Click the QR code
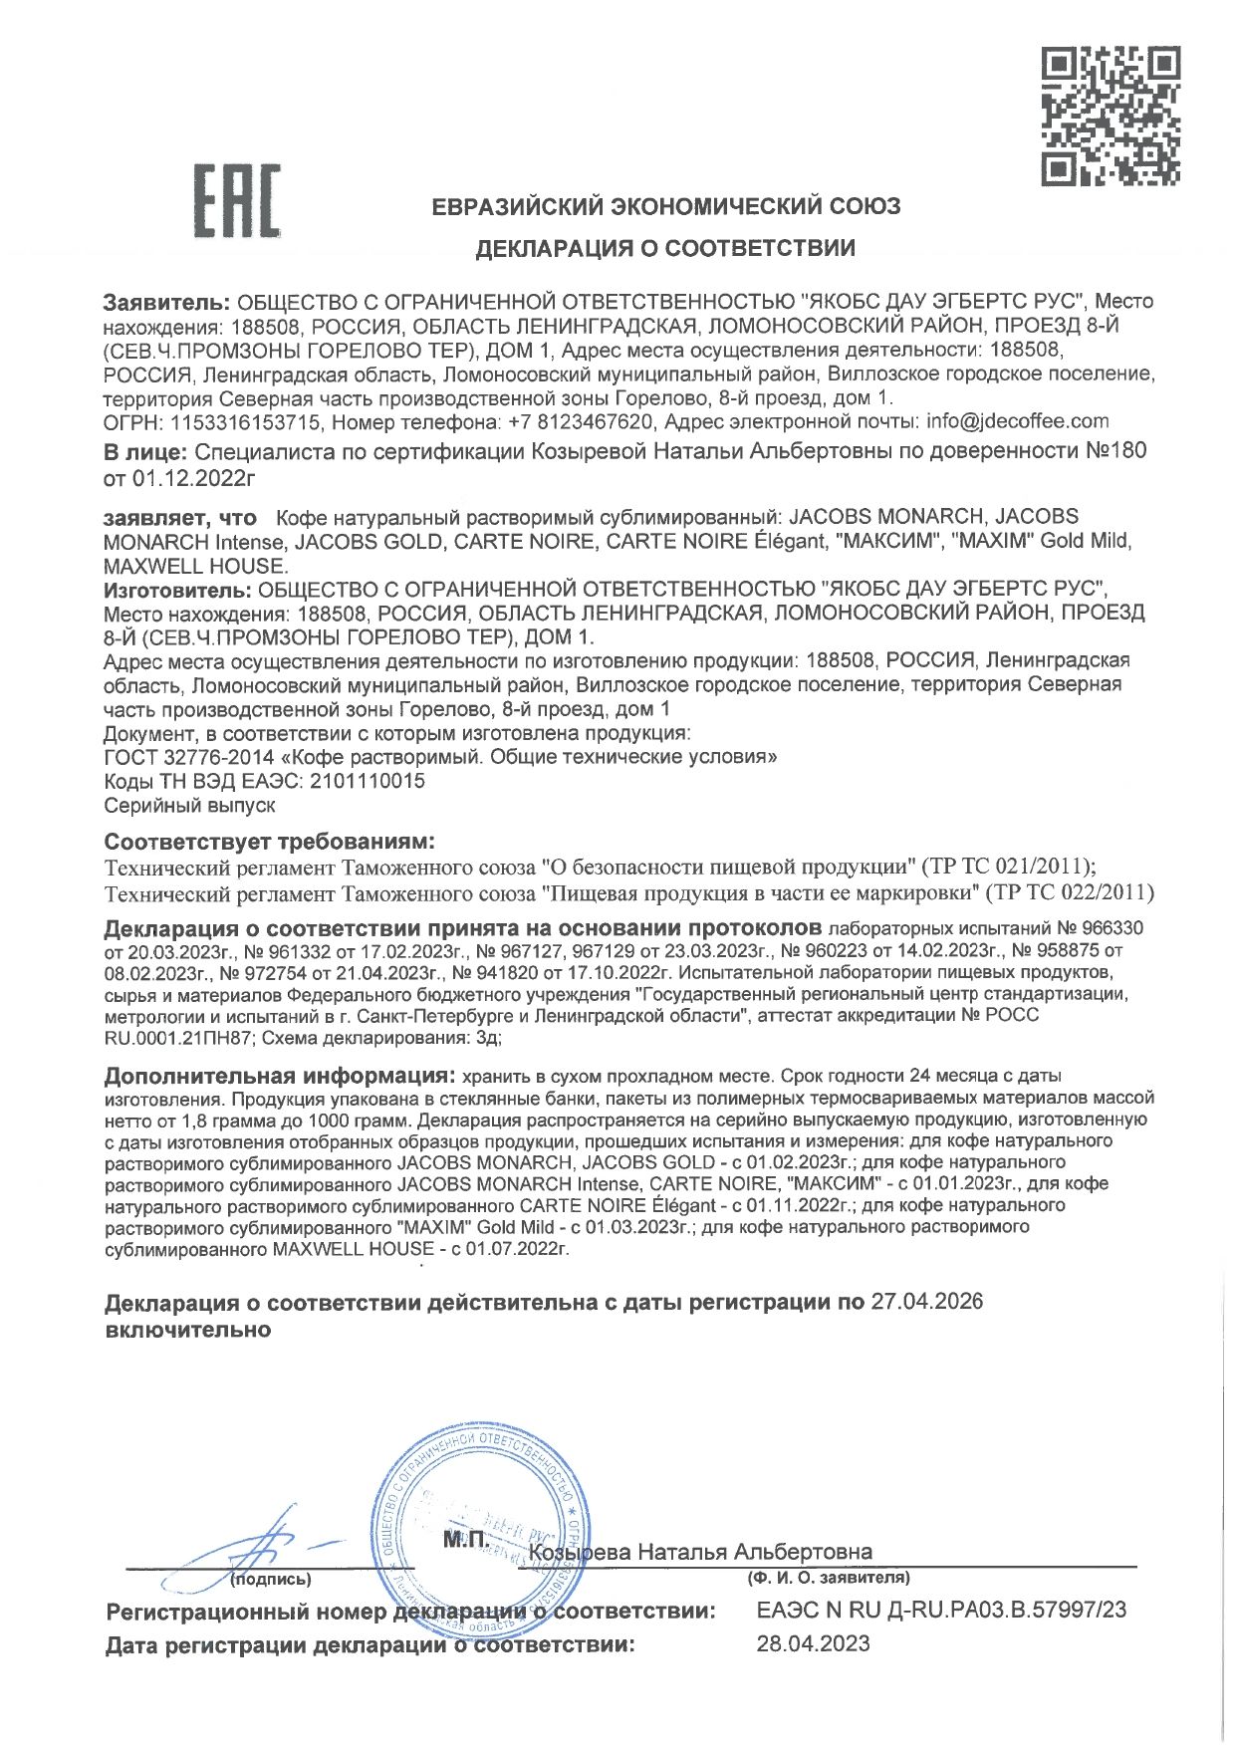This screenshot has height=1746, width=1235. [x=1111, y=116]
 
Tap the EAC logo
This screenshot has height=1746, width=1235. [x=236, y=201]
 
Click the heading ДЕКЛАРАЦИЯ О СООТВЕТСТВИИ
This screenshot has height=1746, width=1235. [x=664, y=248]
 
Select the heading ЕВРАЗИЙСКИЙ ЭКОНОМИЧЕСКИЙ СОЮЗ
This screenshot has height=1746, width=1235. [x=665, y=206]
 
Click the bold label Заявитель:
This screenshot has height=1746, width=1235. [x=167, y=302]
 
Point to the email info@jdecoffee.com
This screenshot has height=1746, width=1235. [x=1017, y=421]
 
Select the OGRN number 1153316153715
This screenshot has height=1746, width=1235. [x=245, y=421]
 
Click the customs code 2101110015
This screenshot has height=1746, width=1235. [x=367, y=781]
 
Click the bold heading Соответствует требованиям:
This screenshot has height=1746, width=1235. [x=270, y=842]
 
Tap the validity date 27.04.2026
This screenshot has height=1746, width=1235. [x=926, y=1302]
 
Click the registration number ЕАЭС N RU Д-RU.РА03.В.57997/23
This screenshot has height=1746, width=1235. [x=941, y=1610]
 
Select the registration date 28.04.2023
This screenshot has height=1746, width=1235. [x=813, y=1643]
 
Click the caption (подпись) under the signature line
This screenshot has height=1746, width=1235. [x=270, y=1579]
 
